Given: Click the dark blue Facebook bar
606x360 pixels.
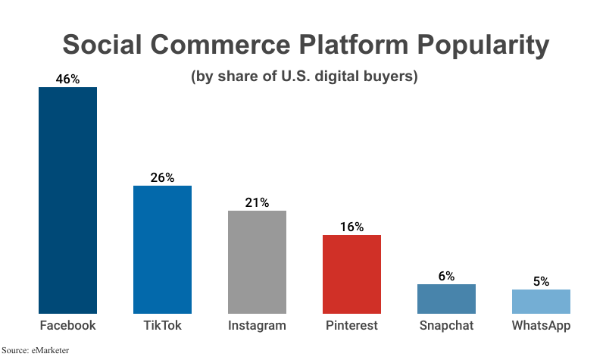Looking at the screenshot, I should pos(67,200).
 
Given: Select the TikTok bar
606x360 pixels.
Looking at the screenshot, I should pos(162,249).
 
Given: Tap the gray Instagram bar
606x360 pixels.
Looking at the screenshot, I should pos(257,261).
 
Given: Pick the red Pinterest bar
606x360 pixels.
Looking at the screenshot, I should pos(351,274).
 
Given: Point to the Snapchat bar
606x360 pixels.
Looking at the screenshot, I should pos(446,299).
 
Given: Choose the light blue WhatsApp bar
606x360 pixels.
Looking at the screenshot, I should pos(541,301).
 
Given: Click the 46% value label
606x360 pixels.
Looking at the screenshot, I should pos(67,79).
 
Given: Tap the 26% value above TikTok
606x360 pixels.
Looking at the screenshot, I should pos(162,177).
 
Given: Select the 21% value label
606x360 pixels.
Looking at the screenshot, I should pos(257,202).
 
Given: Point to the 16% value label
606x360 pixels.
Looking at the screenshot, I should pos(351,227).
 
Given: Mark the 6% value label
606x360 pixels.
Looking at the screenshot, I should pos(446,276).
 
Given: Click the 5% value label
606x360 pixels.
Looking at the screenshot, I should pos(541,281).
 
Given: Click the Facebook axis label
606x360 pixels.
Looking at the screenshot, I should pos(67,326).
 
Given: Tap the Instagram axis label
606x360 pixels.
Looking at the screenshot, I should pos(257,326).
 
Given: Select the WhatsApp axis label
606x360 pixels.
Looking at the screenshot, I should pos(541,326).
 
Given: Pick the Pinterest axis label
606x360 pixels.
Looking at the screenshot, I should pos(351,326).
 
